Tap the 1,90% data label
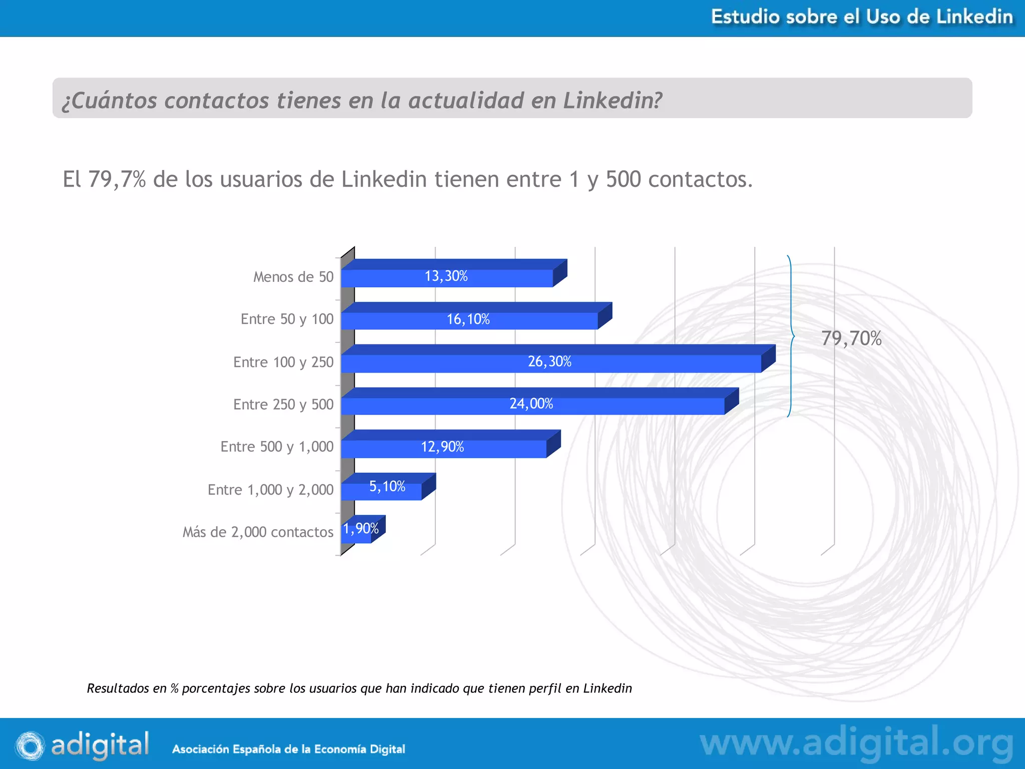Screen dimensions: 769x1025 pos(361,529)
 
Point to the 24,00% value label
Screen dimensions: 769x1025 pos(531,404)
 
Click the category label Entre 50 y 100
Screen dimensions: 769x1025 pos(287,319)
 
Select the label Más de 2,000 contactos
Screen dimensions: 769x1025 pos(258,532)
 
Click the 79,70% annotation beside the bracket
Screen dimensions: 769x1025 pos(851,338)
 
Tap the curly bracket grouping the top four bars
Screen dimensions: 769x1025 pos(791,336)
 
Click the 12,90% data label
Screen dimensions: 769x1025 pos(442,447)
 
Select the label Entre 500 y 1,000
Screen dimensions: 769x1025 pos(277,447)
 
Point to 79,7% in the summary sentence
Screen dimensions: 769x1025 pos(117,179)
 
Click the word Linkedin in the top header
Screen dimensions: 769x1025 pos(974,17)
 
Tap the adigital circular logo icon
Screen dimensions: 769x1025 pos(30,745)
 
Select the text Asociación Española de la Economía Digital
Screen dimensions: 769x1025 pos(288,749)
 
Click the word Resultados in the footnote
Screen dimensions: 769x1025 pos(118,688)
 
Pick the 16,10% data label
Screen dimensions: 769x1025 pos(468,319)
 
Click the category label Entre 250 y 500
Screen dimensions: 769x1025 pos(283,405)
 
